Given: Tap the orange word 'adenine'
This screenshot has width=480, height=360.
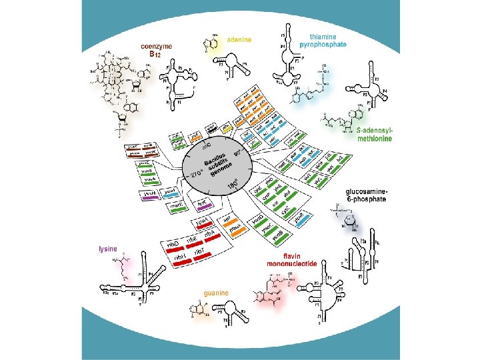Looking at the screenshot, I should coord(239,39).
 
